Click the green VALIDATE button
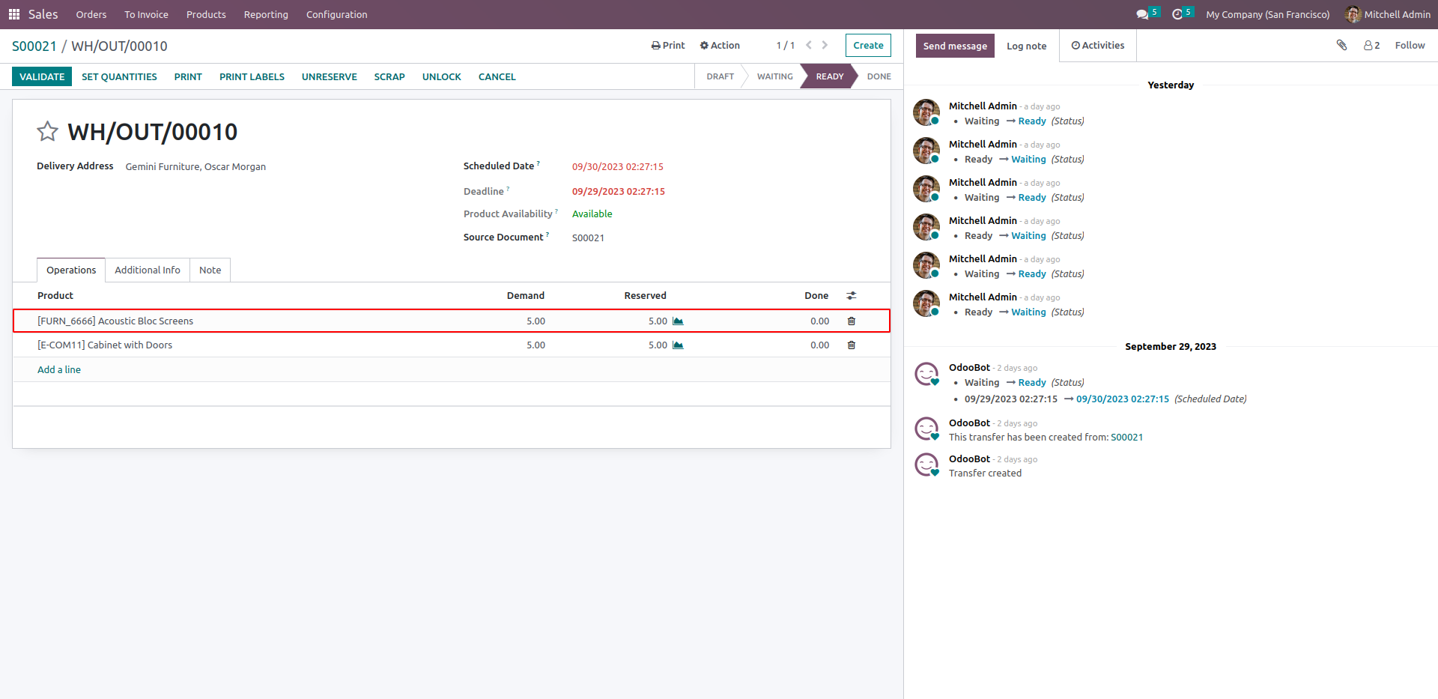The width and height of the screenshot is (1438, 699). tap(42, 76)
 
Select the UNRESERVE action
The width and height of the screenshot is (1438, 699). tap(330, 76)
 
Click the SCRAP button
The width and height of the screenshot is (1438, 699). tap(389, 76)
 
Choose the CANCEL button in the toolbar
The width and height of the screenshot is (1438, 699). tap(497, 76)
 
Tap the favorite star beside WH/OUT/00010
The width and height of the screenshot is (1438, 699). tap(47, 131)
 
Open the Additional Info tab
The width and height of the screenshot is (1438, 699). tap(148, 270)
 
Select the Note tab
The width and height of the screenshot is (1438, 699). tap(210, 270)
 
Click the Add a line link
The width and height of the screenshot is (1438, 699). tap(59, 369)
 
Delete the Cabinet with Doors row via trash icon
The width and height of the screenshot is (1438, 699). tap(851, 345)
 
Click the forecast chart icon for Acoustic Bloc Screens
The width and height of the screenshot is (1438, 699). tap(678, 321)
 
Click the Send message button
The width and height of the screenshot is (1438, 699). tap(955, 46)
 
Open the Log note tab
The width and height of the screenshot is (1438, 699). tap(1026, 46)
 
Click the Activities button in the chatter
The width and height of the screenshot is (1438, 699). tap(1098, 46)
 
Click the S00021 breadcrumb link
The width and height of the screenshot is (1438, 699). tap(34, 46)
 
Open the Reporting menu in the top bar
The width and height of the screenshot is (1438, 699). tap(266, 14)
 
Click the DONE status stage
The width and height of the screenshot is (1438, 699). tap(879, 76)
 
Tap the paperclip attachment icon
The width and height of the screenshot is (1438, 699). tap(1341, 46)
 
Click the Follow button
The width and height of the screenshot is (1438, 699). tap(1410, 46)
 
